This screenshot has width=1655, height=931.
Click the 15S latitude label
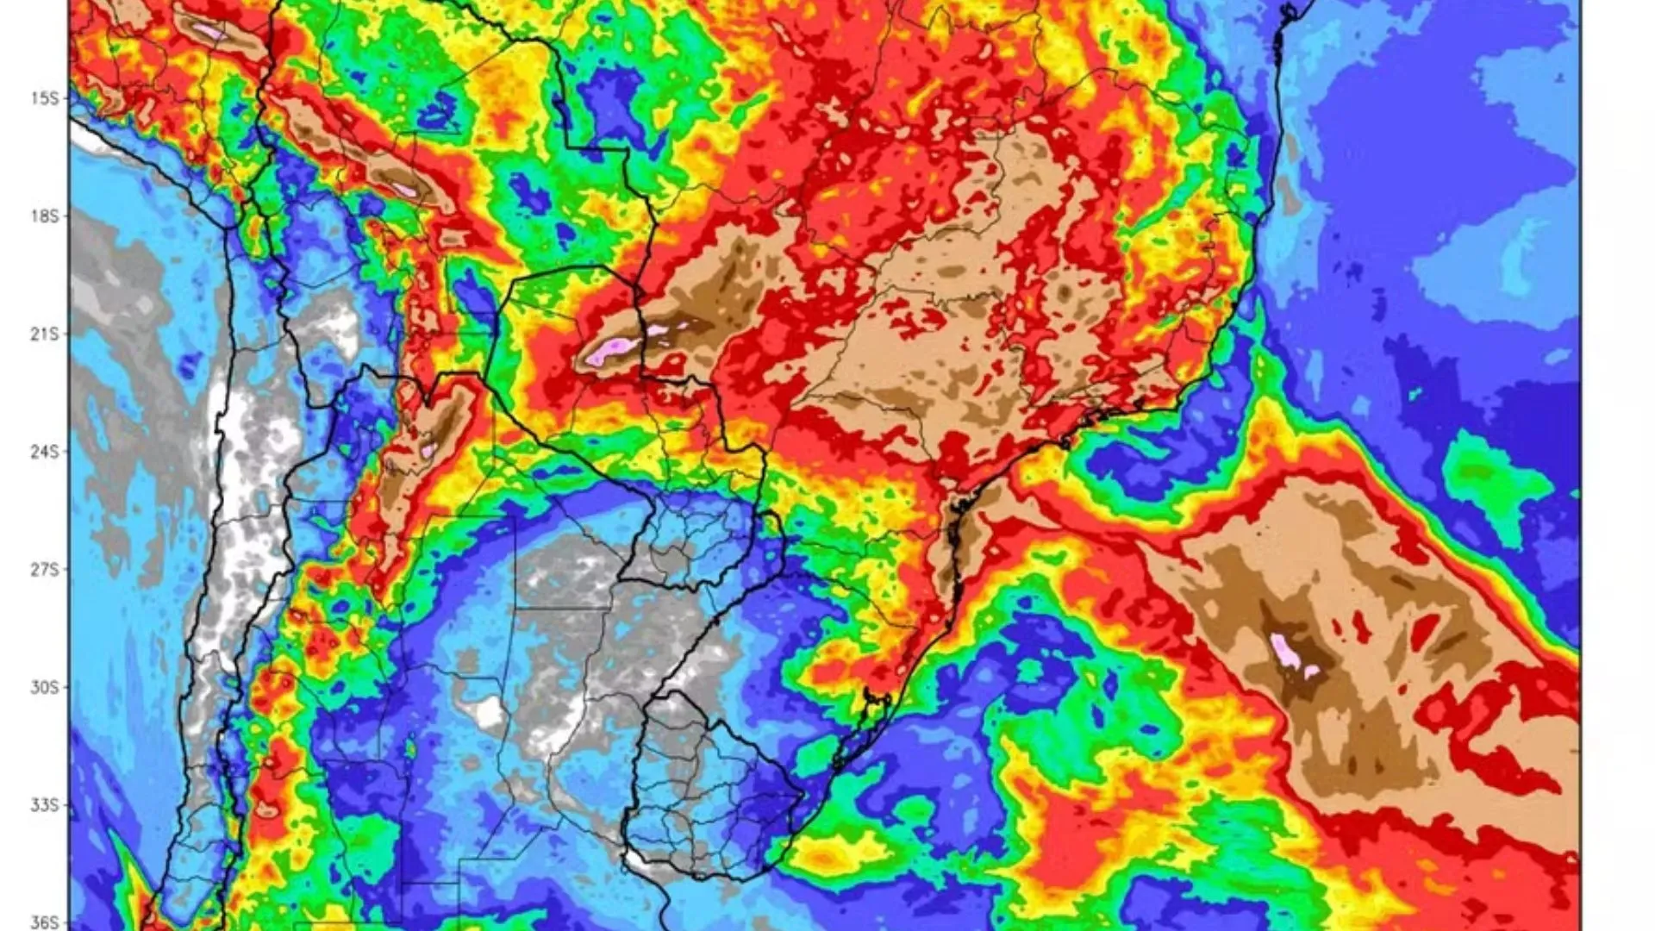pyautogui.click(x=45, y=98)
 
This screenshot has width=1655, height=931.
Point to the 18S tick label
pyautogui.click(x=45, y=216)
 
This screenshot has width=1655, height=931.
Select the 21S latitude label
pyautogui.click(x=45, y=334)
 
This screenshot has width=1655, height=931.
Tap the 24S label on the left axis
pyautogui.click(x=45, y=452)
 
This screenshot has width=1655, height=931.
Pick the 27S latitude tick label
pyautogui.click(x=45, y=570)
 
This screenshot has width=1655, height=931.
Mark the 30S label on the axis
pyautogui.click(x=45, y=688)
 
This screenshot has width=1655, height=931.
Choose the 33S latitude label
pyautogui.click(x=45, y=805)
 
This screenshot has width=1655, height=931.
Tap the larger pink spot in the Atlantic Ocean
pyautogui.click(x=1286, y=651)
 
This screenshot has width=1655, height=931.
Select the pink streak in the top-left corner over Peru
pyautogui.click(x=208, y=31)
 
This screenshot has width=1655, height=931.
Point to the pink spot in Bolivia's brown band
pyautogui.click(x=403, y=189)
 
